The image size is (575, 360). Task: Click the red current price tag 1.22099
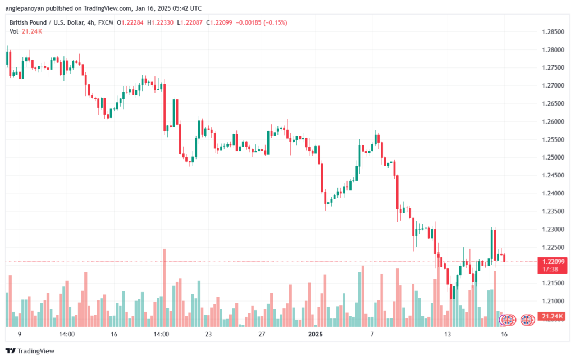pyautogui.click(x=550, y=262)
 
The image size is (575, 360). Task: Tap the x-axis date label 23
pyautogui.click(x=208, y=334)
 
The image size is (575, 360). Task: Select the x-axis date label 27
pyautogui.click(x=262, y=334)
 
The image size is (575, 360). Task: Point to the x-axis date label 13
pyautogui.click(x=448, y=334)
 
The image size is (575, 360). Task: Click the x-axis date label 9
pyautogui.click(x=20, y=334)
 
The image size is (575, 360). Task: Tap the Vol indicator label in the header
pyautogui.click(x=13, y=31)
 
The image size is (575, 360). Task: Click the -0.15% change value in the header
pyautogui.click(x=276, y=22)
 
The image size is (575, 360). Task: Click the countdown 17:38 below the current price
pyautogui.click(x=550, y=270)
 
